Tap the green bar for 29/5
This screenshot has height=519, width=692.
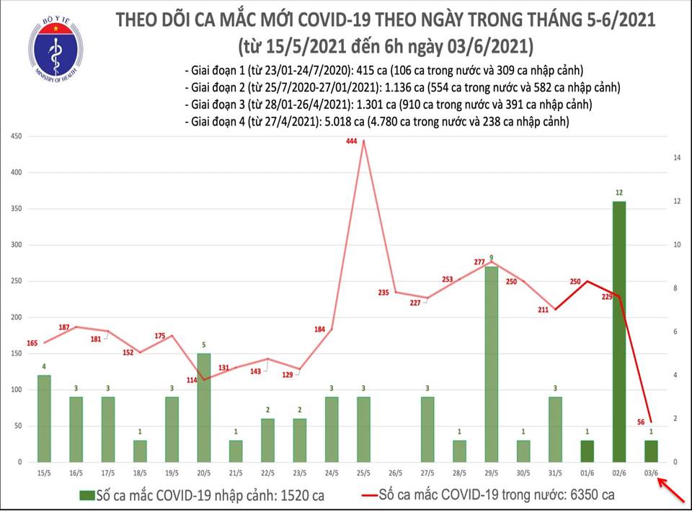click(491, 364)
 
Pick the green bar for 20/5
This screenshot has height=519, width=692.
click(204, 407)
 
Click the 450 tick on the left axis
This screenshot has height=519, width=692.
click(14, 136)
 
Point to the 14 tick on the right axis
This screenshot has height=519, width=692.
click(678, 157)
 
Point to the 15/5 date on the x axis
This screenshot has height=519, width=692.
click(45, 473)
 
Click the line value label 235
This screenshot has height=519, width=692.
click(383, 292)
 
